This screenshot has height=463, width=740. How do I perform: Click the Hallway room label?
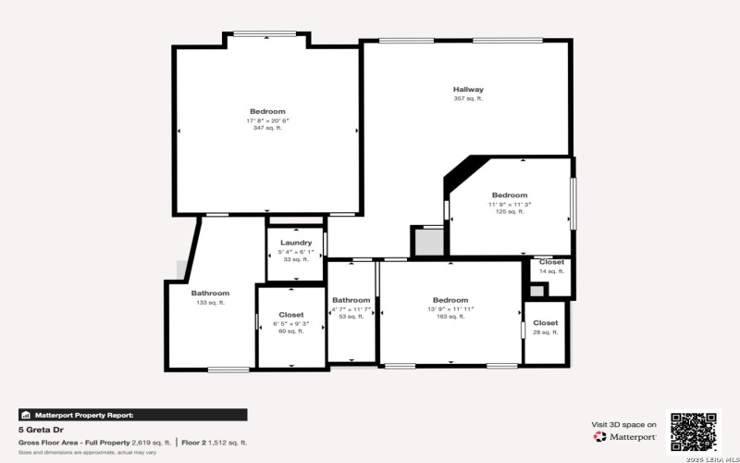(468, 90)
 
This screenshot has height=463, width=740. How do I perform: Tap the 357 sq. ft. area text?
(468, 99)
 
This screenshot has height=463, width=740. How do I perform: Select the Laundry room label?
(296, 243)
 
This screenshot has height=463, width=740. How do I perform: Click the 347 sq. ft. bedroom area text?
(267, 128)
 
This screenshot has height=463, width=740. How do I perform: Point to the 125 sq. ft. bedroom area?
(510, 211)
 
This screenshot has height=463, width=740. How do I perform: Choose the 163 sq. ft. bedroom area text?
(450, 316)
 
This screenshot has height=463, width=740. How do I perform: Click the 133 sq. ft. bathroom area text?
(210, 302)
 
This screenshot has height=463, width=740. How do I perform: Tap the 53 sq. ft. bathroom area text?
(351, 316)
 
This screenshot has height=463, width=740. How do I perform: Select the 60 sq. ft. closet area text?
(291, 331)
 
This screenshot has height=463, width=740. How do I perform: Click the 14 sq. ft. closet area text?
(551, 271)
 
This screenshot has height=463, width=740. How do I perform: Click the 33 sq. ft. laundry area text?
(296, 259)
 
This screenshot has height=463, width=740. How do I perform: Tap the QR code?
(694, 431)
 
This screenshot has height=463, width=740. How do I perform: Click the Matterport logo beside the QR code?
(625, 436)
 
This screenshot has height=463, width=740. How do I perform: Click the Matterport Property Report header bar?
(132, 415)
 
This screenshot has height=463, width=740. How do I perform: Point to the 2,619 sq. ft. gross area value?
(149, 443)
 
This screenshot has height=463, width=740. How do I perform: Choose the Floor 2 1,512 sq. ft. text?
(215, 443)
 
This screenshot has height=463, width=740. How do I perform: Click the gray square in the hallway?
(428, 243)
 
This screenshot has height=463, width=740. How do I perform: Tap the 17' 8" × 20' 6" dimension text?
(267, 120)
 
